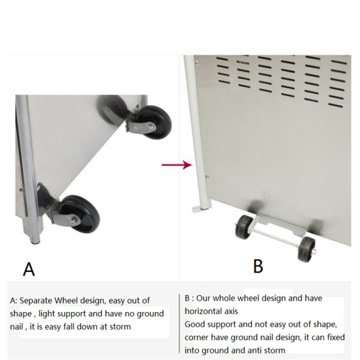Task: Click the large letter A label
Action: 29,269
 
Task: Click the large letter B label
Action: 258,266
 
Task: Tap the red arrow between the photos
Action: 177,165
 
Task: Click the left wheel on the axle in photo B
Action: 244,227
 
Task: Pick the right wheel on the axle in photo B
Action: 307,249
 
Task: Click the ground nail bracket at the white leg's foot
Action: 196,209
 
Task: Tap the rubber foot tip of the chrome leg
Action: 35,242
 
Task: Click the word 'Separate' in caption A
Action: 35,301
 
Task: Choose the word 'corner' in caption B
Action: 197,338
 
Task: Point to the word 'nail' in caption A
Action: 17,327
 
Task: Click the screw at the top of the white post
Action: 197,62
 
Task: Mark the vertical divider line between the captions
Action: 179,324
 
